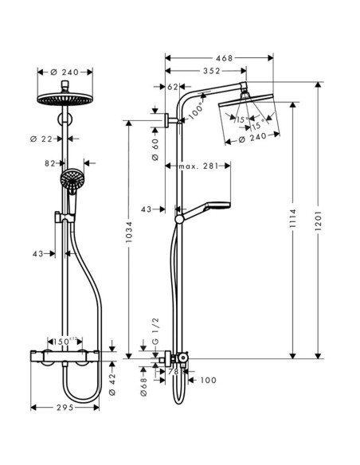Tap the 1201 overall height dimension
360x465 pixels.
click(318, 217)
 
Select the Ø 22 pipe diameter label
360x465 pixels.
click(49, 139)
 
